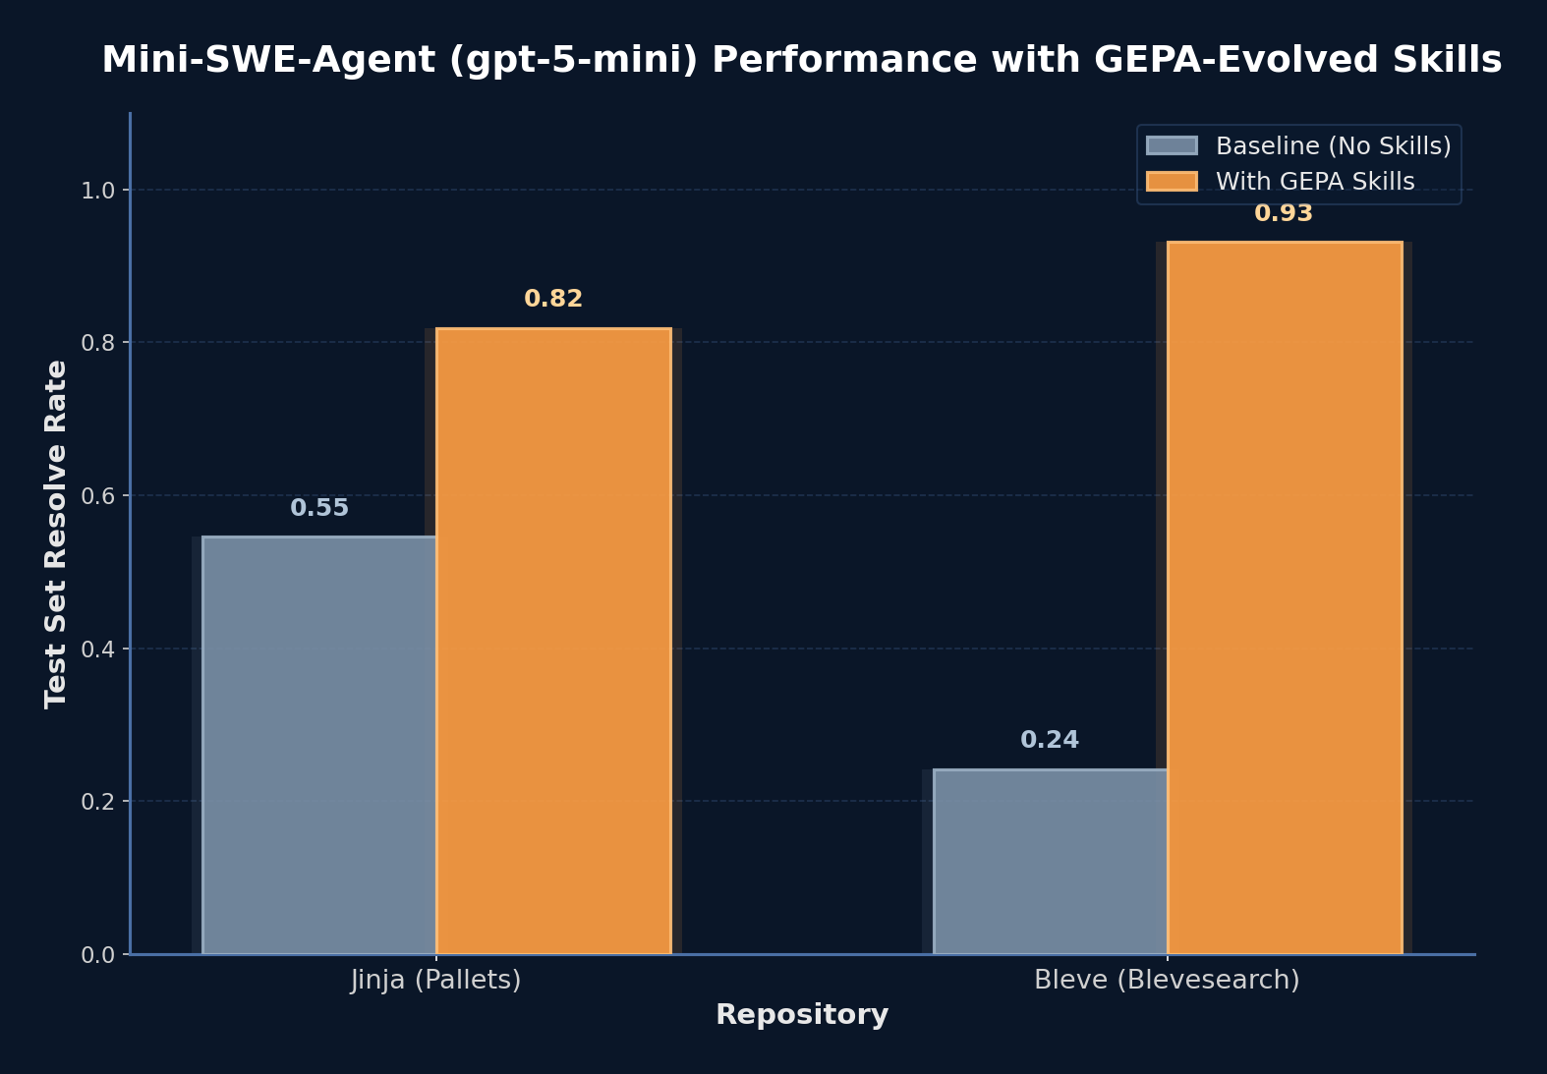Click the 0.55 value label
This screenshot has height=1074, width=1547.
pos(319,508)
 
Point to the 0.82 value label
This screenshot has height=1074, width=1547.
pos(553,299)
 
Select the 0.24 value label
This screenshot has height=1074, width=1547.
pos(1050,740)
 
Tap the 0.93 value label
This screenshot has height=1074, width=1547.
pos(1284,213)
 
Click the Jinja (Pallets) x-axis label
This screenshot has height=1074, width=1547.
pos(435,980)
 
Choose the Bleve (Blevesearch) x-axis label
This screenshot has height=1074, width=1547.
pos(1167,980)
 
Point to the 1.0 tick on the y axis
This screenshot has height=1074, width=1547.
pos(97,191)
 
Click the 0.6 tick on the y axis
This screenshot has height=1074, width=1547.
pos(97,496)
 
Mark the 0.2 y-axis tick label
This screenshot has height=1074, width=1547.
pos(97,802)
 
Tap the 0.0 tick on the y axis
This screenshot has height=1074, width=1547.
pos(97,955)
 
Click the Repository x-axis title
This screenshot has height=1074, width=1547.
pos(801,1015)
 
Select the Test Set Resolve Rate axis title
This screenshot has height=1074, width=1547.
pos(56,534)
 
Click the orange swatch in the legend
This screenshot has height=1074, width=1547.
pos(1172,181)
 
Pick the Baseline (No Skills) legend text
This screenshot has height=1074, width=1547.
pos(1333,146)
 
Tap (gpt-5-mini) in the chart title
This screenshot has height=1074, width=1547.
pos(574,60)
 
